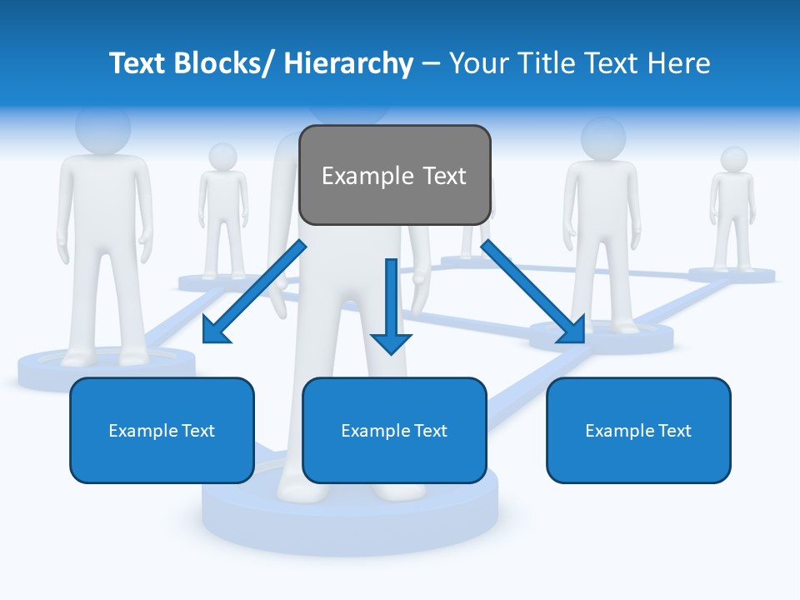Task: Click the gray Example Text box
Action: (394, 175)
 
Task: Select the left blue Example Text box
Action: (162, 430)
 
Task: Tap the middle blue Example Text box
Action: (394, 430)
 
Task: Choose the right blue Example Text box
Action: (638, 430)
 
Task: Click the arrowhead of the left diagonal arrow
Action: (215, 332)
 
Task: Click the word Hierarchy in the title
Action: (348, 63)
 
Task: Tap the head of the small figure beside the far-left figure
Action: (222, 156)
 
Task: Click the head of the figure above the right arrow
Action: (603, 137)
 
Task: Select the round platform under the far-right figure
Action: (732, 274)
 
